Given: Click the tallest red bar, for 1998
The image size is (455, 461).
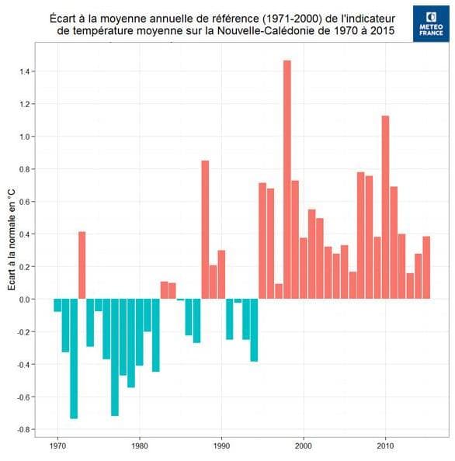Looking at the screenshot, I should [287, 179].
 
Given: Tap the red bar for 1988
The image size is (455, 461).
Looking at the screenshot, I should [205, 230].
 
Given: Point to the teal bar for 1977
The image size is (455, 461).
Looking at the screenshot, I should [115, 357].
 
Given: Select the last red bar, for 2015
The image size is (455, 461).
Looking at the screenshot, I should [426, 268].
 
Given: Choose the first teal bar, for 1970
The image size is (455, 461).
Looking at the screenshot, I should [57, 305].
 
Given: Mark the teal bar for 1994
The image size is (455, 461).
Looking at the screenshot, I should [254, 330].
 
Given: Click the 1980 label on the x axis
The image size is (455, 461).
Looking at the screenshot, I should [140, 447].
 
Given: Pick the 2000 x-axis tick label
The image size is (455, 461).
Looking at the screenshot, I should [304, 447].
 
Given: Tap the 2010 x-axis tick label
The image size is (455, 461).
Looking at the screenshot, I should [385, 447].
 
